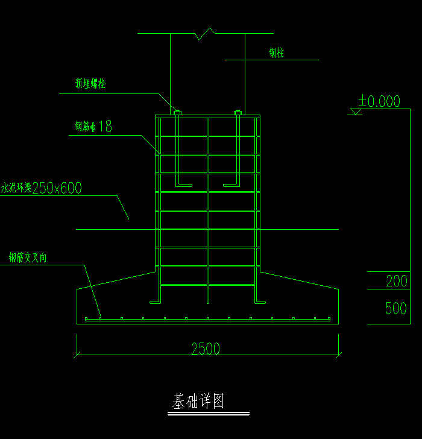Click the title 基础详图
[x=198, y=402]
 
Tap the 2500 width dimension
[x=206, y=349]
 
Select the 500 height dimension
[x=396, y=308]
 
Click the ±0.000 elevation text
[x=379, y=101]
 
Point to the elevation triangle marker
[x=356, y=112]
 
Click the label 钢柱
[x=276, y=53]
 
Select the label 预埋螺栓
[x=90, y=84]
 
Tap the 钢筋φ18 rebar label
[x=93, y=127]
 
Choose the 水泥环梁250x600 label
[x=42, y=188]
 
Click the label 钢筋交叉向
[x=28, y=258]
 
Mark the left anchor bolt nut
[x=177, y=112]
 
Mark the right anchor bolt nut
[x=238, y=112]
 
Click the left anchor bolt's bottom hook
[x=184, y=184]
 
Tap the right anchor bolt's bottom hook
[x=231, y=184]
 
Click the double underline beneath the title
[x=208, y=414]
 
